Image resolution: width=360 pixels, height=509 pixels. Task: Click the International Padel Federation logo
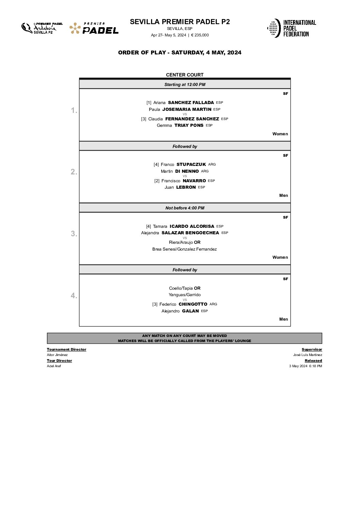point(291,28)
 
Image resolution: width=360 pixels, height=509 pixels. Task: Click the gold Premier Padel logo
point(94,28)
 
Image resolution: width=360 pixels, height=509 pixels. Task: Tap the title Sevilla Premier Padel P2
point(180,22)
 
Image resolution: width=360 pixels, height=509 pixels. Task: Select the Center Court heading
point(185,75)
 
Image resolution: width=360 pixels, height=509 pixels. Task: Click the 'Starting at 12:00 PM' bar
point(185,84)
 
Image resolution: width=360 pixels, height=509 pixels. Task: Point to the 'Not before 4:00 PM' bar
point(185,208)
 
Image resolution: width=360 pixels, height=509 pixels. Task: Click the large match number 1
point(73,110)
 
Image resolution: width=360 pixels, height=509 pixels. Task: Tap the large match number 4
point(73,295)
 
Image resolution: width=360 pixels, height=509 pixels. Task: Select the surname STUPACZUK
point(191,165)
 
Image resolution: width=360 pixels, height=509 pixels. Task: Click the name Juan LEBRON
point(180,187)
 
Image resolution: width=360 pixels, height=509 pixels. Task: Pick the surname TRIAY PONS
point(189,125)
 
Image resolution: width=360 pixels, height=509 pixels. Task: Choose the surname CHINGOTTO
point(193,304)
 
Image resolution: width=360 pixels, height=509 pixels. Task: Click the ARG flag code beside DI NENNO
point(205,171)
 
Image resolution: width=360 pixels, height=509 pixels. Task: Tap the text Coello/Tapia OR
point(185,288)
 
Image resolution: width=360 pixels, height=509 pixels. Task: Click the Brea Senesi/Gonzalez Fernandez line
point(184,249)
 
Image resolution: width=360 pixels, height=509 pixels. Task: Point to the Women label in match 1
point(280,134)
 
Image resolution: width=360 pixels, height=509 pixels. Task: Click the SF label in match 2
point(285,155)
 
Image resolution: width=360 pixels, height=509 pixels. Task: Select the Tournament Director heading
point(67,350)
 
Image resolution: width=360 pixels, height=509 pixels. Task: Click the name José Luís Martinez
point(308,355)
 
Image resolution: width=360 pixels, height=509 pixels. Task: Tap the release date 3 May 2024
point(298,366)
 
